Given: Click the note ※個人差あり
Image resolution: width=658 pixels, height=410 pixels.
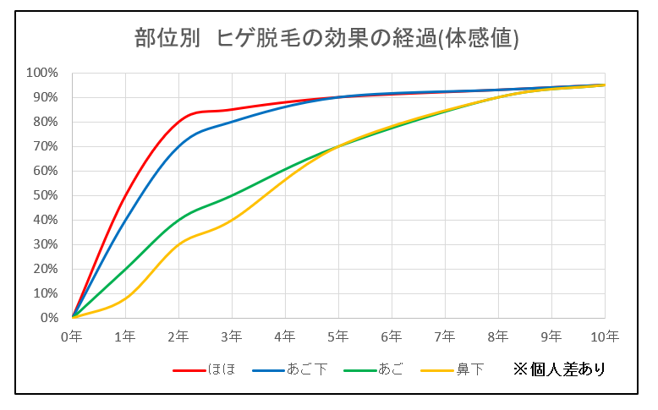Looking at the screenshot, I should point(559,369).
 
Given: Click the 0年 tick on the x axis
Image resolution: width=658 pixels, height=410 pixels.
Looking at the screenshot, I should point(73,336).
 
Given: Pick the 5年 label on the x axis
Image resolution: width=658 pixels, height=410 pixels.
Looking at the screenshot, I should point(338,336).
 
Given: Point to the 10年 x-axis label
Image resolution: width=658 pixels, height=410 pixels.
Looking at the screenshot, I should point(604,336).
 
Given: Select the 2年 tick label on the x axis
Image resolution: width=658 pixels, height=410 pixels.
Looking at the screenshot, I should point(179,336).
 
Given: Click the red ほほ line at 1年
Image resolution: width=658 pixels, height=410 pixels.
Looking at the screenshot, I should point(126,195).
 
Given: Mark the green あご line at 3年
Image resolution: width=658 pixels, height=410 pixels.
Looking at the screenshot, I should point(232,195).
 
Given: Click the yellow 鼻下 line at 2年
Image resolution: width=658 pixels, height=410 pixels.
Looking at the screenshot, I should point(179,243).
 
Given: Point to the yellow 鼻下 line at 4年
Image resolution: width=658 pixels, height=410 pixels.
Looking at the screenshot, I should point(285,180).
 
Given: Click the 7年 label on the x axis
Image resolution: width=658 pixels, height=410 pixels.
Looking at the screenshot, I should point(445,336).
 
